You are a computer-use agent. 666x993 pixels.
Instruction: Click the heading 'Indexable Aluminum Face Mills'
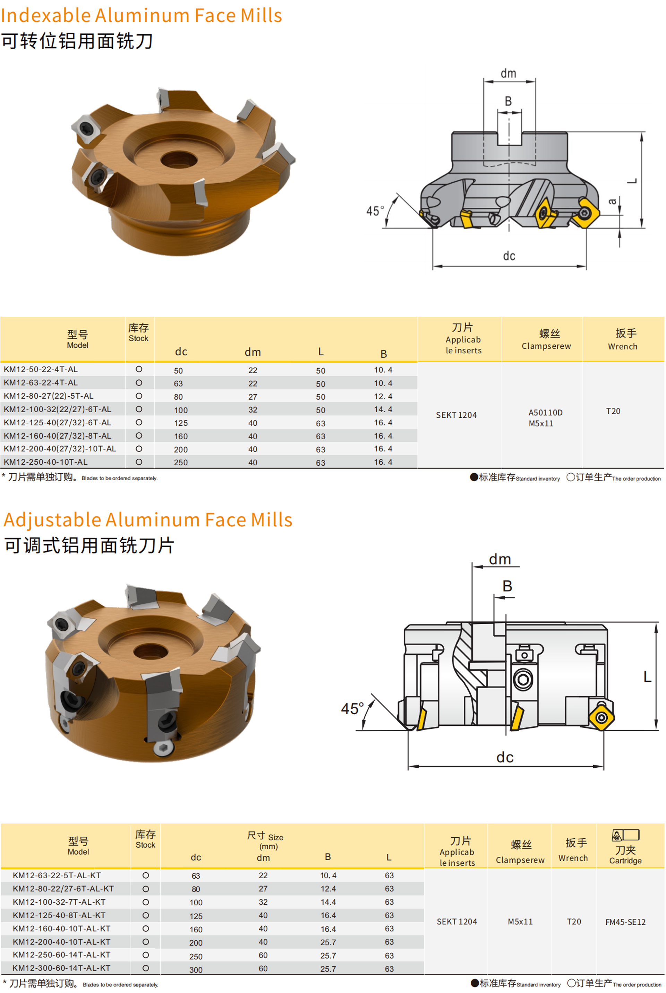click(142, 15)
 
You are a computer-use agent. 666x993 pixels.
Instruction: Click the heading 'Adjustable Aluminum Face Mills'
click(148, 520)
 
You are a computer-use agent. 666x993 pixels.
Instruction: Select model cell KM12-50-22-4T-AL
click(41, 369)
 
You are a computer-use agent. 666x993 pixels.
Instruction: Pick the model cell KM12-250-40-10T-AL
click(45, 462)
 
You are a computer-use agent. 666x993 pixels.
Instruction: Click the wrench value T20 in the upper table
click(613, 411)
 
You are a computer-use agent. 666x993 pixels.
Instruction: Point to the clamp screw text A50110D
click(545, 412)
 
